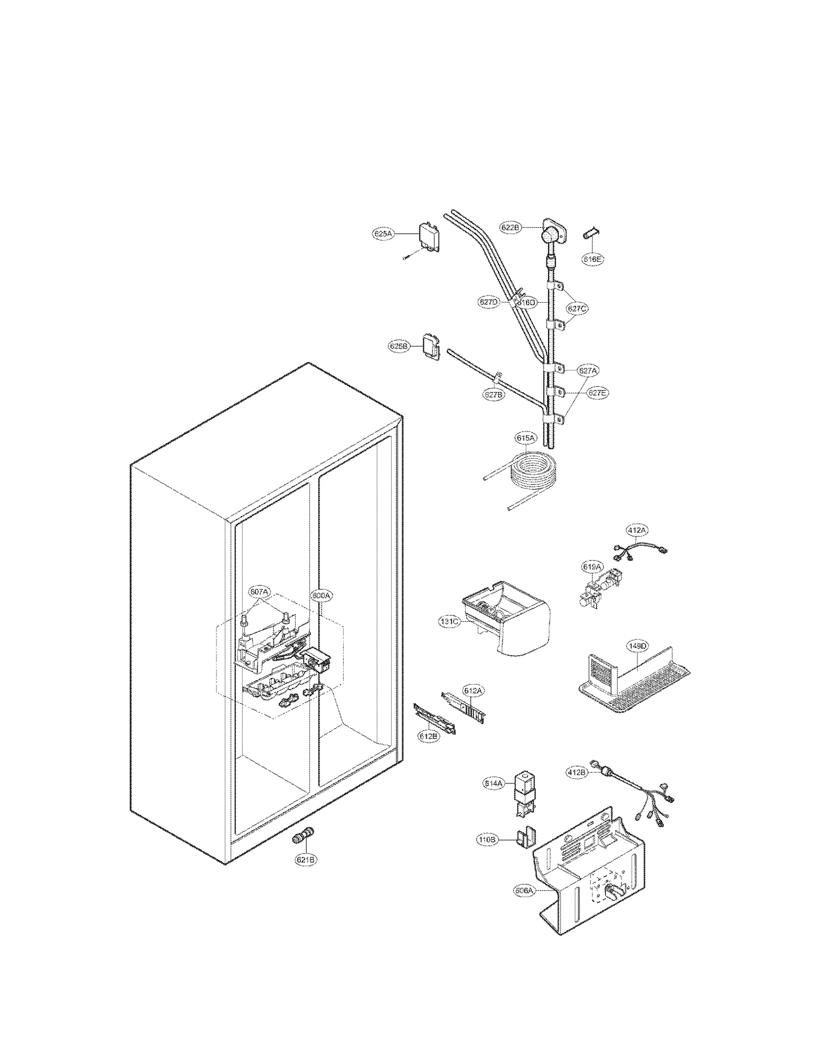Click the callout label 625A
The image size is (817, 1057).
click(382, 234)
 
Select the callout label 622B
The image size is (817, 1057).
click(510, 228)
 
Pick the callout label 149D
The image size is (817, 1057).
click(637, 646)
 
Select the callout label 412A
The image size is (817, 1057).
click(637, 530)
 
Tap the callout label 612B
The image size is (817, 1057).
click(428, 736)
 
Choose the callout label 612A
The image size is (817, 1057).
click(473, 691)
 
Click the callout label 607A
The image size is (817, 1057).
click(259, 592)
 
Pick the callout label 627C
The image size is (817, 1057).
click(577, 308)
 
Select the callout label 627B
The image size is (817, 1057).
click(494, 395)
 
